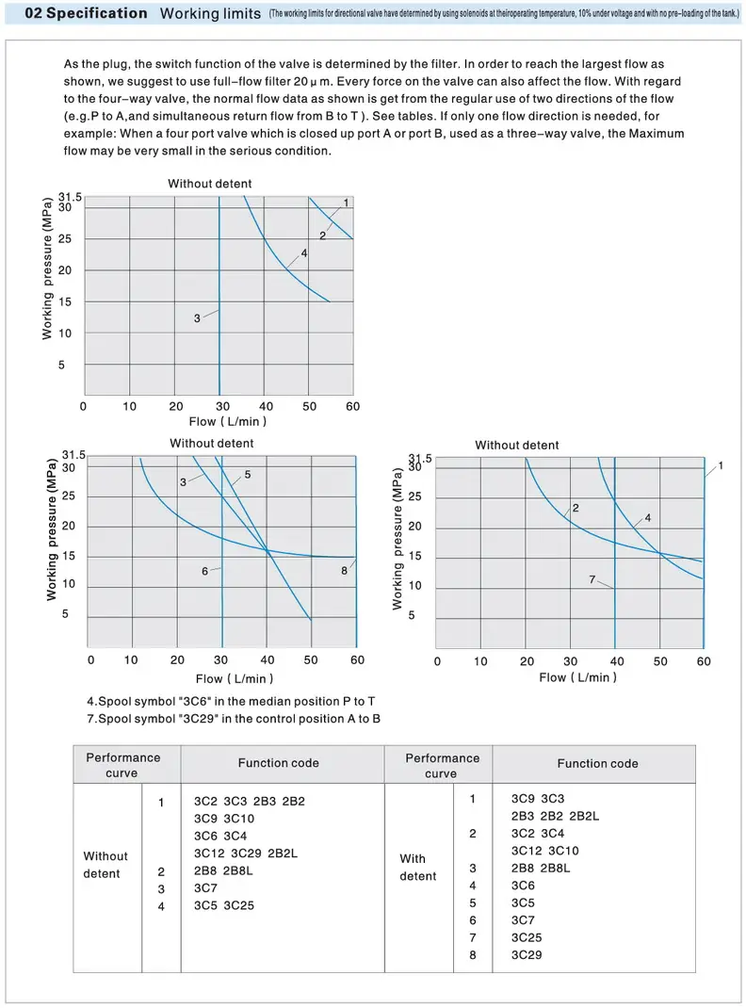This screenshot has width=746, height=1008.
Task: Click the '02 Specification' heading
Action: click(86, 13)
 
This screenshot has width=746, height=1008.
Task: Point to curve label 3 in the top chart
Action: click(197, 318)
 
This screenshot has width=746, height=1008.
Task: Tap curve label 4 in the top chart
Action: click(304, 253)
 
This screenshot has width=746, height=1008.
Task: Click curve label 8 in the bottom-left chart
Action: click(345, 571)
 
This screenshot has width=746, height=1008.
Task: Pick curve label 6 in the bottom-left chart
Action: click(204, 571)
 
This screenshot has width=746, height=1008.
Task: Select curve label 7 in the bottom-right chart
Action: click(592, 579)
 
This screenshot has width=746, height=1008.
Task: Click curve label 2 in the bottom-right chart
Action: click(576, 509)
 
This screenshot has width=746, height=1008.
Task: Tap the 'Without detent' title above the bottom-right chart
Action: click(516, 445)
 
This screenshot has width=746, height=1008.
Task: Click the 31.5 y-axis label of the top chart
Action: click(71, 197)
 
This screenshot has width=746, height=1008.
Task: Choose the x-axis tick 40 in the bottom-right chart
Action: click(615, 661)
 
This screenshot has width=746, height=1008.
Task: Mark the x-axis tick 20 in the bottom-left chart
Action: click(177, 659)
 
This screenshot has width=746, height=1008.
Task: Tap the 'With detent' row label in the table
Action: click(418, 867)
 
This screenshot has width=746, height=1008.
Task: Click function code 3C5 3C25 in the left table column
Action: click(224, 905)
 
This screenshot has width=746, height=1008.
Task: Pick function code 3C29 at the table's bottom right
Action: click(527, 954)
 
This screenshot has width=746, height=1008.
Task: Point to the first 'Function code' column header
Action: click(278, 763)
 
